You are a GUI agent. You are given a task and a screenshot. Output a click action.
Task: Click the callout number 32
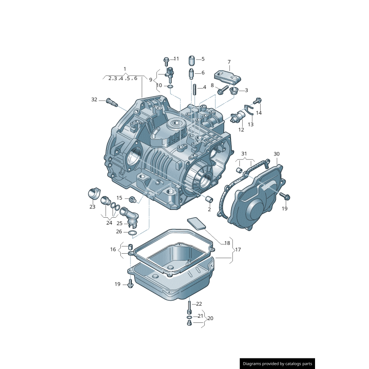95,100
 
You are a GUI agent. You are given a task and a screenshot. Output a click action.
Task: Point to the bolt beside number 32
110,102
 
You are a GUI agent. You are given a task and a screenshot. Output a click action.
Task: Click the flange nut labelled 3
234,90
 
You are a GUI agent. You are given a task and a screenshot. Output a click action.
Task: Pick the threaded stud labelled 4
195,89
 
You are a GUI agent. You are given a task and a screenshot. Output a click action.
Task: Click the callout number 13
250,125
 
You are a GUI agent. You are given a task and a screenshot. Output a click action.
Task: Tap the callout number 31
244,154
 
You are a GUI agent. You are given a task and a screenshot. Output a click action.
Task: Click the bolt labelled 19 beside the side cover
285,197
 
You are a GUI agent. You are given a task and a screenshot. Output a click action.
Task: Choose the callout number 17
238,250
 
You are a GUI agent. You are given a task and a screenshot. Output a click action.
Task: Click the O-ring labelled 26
132,232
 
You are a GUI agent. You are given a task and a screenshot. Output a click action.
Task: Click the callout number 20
210,318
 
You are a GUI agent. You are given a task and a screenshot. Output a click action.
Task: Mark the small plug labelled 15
132,199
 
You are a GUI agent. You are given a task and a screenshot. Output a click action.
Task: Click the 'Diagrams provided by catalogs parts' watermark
278,364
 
